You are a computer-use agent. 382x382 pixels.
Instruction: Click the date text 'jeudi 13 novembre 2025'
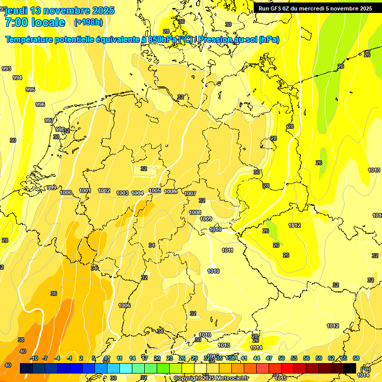[x=59, y=10]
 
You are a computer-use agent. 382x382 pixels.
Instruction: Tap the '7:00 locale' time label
[x=34, y=22]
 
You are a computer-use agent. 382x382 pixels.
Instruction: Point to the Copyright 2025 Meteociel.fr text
[x=211, y=378]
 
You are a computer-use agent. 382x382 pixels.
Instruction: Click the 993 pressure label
[x=6, y=69]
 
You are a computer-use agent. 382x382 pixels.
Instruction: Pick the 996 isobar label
[x=40, y=104]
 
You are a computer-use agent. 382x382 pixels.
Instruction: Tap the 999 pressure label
[x=52, y=188]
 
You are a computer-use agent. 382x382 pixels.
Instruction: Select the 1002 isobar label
[x=104, y=191]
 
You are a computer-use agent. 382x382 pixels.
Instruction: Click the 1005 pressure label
[x=155, y=191]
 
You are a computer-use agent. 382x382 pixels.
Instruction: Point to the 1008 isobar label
[x=195, y=212]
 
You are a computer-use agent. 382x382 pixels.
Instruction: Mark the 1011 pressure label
[x=227, y=250]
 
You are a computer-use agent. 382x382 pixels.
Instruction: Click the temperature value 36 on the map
[x=54, y=293]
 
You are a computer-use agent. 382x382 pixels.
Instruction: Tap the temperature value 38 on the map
[x=21, y=340]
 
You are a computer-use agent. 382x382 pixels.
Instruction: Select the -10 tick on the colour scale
[x=34, y=358]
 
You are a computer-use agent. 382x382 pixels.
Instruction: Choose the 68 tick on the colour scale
[x=356, y=358]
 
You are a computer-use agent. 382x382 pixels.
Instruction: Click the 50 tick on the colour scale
[x=282, y=358]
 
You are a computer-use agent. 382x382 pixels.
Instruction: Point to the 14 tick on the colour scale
[x=132, y=358]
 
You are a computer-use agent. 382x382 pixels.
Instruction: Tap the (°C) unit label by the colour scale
[x=365, y=369]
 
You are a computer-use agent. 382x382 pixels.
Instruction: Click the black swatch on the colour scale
[x=350, y=368]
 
